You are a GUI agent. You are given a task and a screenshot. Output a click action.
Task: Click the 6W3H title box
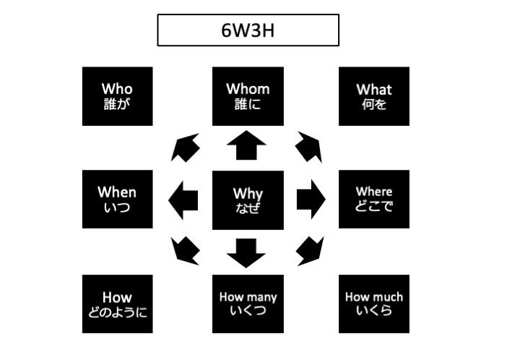click(248, 30)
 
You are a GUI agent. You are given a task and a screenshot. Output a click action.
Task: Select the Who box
click(118, 96)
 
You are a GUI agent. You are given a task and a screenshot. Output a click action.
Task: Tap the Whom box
click(248, 96)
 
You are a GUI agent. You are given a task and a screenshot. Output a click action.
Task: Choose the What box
click(373, 96)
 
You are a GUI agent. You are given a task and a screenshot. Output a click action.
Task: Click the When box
click(118, 199)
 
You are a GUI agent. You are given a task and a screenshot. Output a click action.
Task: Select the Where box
click(373, 199)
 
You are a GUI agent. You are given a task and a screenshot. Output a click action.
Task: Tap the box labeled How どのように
click(118, 304)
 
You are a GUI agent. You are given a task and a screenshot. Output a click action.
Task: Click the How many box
click(248, 304)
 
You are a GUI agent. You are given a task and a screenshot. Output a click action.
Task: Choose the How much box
click(373, 304)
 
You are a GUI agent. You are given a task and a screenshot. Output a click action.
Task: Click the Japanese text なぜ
click(248, 210)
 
